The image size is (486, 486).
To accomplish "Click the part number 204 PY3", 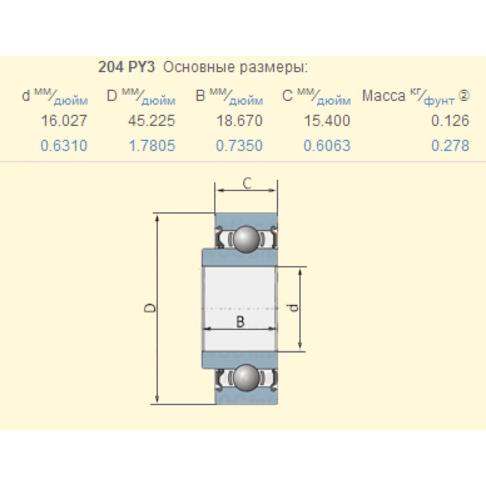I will pyautogui.click(x=126, y=67).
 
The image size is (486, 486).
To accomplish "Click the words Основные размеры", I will pyautogui.click(x=235, y=67).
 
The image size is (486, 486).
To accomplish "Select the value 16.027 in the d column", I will pyautogui.click(x=64, y=121).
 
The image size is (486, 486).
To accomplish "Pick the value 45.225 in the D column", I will pyautogui.click(x=151, y=121).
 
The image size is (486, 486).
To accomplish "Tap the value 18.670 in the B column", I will pyautogui.click(x=239, y=121).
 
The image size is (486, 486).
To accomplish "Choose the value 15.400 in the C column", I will pyautogui.click(x=327, y=121).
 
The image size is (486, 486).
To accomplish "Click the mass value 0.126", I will pyautogui.click(x=450, y=121).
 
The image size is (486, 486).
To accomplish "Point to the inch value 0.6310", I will pyautogui.click(x=64, y=145).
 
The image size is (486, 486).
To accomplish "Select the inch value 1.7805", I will pyautogui.click(x=151, y=145).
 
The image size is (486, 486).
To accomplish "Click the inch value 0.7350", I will pyautogui.click(x=239, y=145).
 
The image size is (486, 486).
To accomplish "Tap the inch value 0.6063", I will pyautogui.click(x=327, y=145).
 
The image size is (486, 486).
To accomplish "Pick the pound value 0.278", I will pyautogui.click(x=450, y=145).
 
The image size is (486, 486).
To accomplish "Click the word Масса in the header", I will pyautogui.click(x=383, y=96).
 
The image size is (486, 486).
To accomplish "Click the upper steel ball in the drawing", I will pyautogui.click(x=247, y=239).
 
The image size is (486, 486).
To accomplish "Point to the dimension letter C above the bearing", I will pyautogui.click(x=247, y=183).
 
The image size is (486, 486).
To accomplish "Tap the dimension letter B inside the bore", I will pyautogui.click(x=240, y=321).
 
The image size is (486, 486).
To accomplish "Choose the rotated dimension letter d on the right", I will pyautogui.click(x=293, y=308).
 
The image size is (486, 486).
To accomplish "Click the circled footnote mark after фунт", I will pyautogui.click(x=464, y=96).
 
